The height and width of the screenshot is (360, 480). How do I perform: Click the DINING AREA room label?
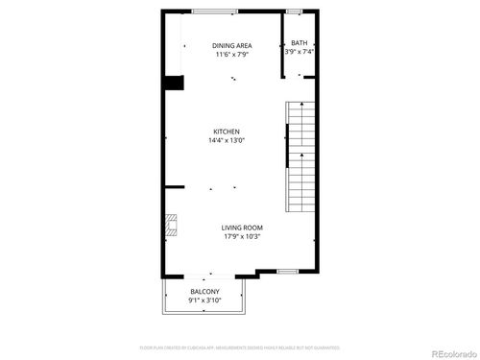coord(232,45)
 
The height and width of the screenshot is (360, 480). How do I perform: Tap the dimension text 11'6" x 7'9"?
coord(232,55)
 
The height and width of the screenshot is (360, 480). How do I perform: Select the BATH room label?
coord(300,42)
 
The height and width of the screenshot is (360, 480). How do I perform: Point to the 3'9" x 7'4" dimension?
coord(300,51)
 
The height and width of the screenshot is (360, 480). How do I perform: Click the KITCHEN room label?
coord(227,132)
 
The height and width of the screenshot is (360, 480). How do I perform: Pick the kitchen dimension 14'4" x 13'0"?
coord(227,141)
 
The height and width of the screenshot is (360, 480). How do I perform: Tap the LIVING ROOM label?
coord(242,228)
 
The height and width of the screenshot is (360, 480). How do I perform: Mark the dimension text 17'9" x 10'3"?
coord(242,237)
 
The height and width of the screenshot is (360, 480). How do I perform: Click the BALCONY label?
coord(204,292)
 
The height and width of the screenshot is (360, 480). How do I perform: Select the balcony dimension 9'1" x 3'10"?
coord(204,300)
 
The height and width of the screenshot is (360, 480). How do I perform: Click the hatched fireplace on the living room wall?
coord(169,227)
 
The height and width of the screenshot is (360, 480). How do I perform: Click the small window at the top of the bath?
coord(294,11)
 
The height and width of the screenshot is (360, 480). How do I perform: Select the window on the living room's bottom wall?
coord(287,273)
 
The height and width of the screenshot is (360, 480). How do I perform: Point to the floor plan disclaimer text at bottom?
coord(239,347)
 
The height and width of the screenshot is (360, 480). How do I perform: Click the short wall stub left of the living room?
coord(174,187)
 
